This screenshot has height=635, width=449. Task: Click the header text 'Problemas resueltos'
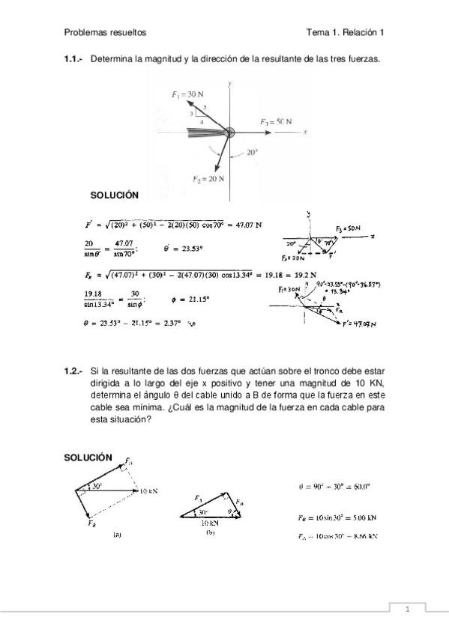[105, 32]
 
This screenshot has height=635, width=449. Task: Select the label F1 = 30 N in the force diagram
[186, 94]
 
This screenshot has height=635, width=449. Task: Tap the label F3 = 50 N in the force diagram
[276, 121]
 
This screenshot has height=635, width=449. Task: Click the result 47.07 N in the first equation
[246, 224]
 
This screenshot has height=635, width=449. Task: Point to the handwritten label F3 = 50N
[349, 227]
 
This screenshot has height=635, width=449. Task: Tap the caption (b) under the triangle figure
[211, 533]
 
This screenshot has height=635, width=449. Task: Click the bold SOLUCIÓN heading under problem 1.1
[115, 195]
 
